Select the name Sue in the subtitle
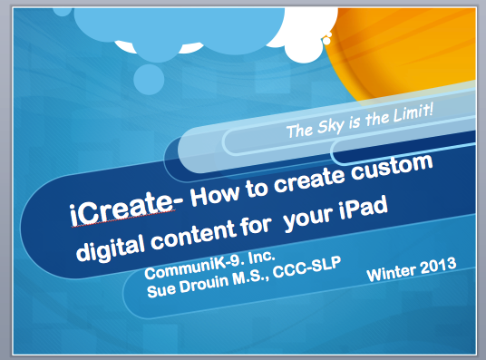click(x=162, y=289)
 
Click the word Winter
click(x=393, y=271)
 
